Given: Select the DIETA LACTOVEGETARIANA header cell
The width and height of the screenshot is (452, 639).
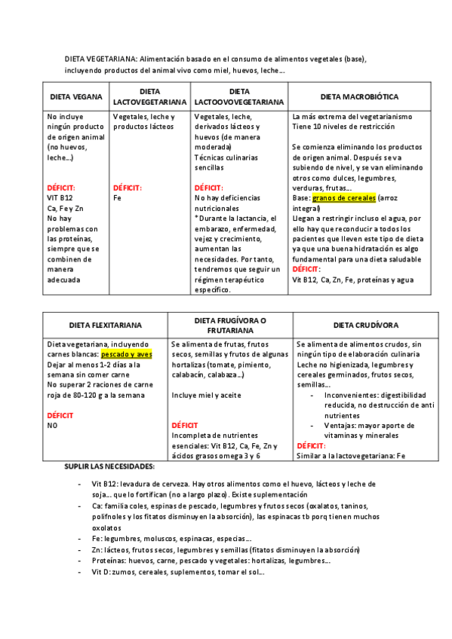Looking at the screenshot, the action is [148, 97].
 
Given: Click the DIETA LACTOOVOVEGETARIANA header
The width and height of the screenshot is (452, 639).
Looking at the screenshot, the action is [238, 97].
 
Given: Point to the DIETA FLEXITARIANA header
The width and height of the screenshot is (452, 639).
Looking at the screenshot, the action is [106, 326].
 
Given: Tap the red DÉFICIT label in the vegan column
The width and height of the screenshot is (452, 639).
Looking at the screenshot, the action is [61, 188].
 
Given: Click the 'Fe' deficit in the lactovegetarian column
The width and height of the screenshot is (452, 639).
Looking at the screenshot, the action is [117, 198].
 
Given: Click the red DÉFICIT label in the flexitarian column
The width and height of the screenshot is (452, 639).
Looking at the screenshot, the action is [60, 415].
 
